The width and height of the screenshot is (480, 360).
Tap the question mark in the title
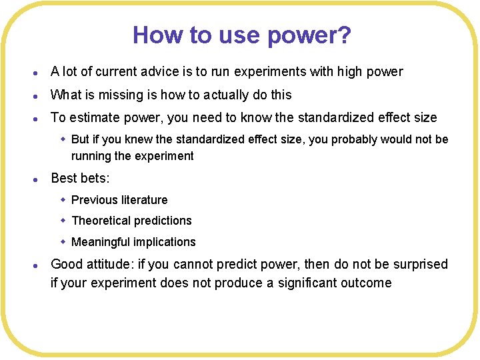tap(343, 35)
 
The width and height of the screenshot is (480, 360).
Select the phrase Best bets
tap(80, 178)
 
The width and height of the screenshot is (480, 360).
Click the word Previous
tap(93, 200)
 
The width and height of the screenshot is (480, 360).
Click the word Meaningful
tap(101, 242)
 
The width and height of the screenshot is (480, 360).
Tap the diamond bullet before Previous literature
tap(63, 199)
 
